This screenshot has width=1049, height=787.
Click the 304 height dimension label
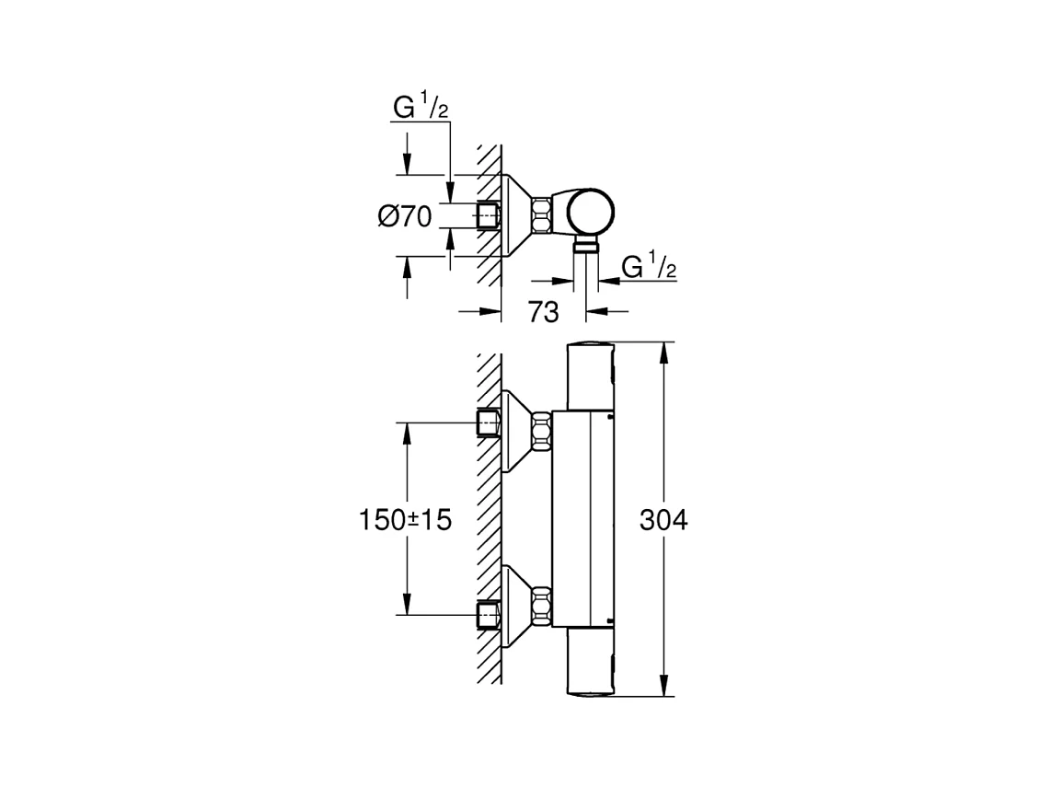pos(663,520)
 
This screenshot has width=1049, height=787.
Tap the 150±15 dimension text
pos(406,520)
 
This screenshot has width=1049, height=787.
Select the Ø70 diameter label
pos(405,217)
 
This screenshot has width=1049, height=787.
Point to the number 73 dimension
pos(543,312)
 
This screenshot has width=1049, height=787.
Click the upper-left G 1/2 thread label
pos(421,107)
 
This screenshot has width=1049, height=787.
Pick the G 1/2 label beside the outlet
pos(649,266)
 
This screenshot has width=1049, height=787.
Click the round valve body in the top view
pos(590,212)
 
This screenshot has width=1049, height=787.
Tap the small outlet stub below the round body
pos(587,247)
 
